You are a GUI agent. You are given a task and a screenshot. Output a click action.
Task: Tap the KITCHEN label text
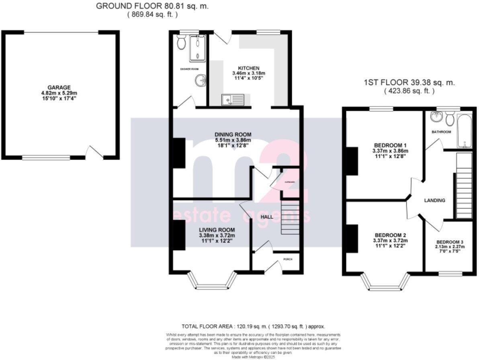(x=249, y=68)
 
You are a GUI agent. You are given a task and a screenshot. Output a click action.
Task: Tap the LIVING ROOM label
(x=217, y=229)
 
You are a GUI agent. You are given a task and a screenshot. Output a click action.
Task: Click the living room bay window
(x=213, y=281)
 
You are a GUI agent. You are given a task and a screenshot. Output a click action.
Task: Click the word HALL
(x=266, y=217)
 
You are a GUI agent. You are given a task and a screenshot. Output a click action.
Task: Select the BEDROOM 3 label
(x=450, y=242)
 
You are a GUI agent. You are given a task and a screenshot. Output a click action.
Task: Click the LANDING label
(x=435, y=200)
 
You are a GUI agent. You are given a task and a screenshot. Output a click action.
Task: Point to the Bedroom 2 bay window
(x=385, y=282)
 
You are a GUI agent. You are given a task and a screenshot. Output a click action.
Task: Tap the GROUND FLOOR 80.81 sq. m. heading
(x=152, y=6)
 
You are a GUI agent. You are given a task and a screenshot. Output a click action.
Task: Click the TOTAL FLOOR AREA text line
(x=253, y=326)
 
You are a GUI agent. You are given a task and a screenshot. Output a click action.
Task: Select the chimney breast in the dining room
(x=179, y=152)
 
